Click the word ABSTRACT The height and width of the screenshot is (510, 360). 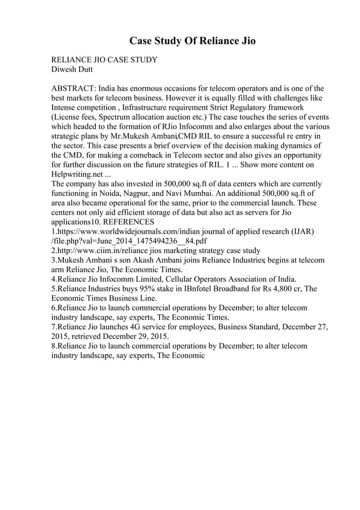[x=73, y=89]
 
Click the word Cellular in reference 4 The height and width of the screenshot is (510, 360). [x=180, y=278]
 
